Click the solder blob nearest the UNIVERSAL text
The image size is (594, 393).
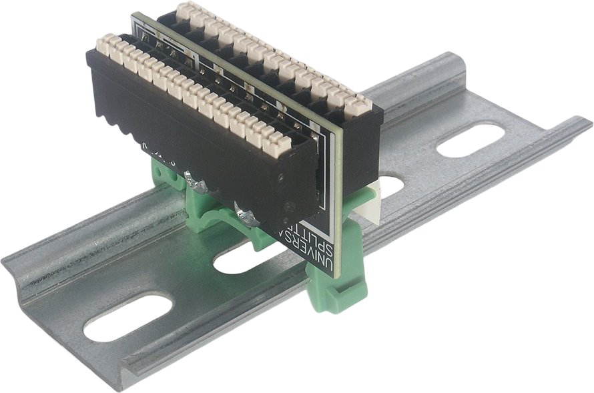245,215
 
